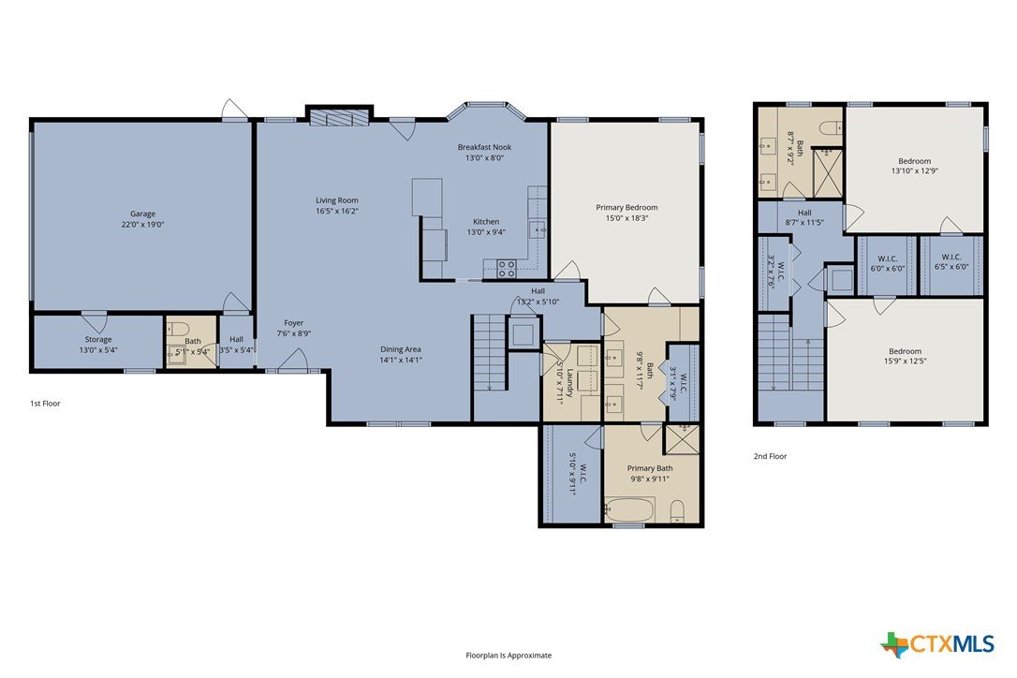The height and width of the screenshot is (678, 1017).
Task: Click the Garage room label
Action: click(x=142, y=214)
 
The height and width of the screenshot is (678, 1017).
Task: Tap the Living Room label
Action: click(x=336, y=200)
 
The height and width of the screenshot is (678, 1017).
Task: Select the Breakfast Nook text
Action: click(x=484, y=147)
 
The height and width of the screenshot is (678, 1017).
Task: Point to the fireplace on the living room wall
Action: click(x=339, y=117)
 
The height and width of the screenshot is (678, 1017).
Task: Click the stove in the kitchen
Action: click(x=507, y=269)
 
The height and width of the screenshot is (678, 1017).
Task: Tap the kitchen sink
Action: click(x=537, y=229)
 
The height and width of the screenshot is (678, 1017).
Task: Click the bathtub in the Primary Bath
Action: click(x=630, y=510)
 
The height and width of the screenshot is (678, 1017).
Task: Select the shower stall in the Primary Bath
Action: click(x=681, y=439)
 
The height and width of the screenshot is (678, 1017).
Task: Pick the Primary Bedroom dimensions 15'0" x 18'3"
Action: click(x=626, y=218)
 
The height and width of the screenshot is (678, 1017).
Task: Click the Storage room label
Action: click(x=98, y=339)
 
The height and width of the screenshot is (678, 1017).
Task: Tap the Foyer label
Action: click(x=294, y=322)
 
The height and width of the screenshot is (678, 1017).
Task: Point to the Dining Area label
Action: click(x=401, y=349)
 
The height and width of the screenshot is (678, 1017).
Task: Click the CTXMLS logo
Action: click(x=937, y=643)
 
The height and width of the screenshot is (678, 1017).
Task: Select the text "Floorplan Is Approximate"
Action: click(x=508, y=656)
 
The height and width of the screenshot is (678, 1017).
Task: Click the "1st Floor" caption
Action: click(x=45, y=403)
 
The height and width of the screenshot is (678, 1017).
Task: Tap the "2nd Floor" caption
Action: click(x=770, y=456)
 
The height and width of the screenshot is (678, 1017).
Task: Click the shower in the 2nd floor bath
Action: click(x=828, y=172)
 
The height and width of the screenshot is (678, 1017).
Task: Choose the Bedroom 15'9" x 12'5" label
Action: click(x=905, y=356)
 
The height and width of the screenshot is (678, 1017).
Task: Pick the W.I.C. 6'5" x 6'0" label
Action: click(x=951, y=261)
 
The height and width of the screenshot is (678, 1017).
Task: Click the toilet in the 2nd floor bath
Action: click(x=831, y=127)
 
